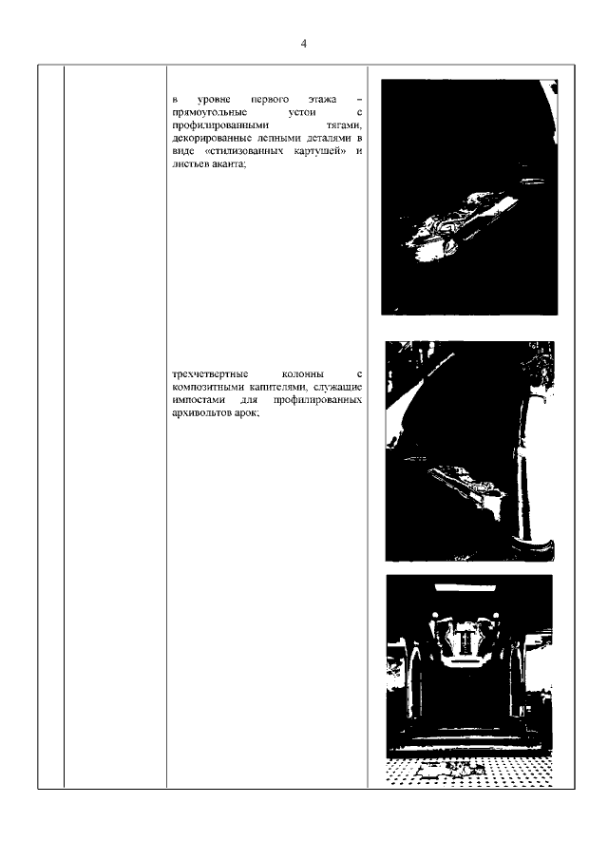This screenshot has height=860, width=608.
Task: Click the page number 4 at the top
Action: pos(304,44)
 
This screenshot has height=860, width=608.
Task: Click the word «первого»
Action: pos(270,100)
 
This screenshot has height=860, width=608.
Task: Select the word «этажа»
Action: pos(322,100)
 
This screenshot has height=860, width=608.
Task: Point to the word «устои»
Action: pos(301,112)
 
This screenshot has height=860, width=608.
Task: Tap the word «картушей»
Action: pos(323,151)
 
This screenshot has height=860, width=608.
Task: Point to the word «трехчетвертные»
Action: pos(210,374)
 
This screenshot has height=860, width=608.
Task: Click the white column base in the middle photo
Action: pos(532,546)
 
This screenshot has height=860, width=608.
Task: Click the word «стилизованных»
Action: pos(247,151)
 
